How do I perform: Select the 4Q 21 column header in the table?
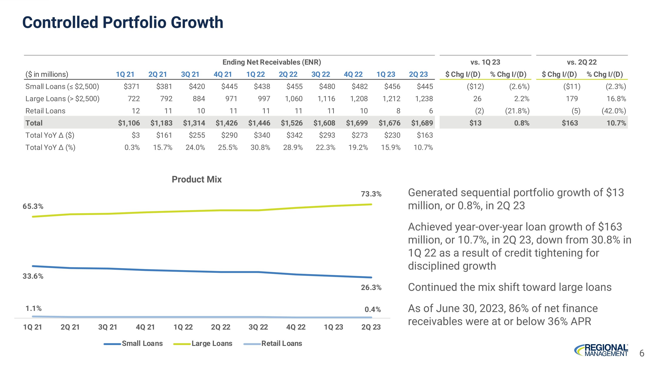tap(223, 74)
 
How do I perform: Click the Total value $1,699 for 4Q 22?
tap(357, 123)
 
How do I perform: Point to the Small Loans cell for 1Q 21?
tap(132, 87)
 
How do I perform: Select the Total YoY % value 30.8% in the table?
tap(260, 147)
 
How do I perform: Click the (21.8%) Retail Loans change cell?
tap(517, 111)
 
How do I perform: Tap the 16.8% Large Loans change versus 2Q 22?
tap(616, 99)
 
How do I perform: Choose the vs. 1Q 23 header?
tap(485, 62)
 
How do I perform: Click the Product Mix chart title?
tap(197, 179)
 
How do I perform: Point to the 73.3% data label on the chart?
tap(371, 194)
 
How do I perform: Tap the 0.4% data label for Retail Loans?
tap(373, 309)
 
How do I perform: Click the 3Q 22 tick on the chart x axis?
tap(258, 327)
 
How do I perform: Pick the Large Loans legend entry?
tap(212, 344)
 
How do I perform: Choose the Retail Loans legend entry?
tap(281, 344)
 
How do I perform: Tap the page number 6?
tap(642, 353)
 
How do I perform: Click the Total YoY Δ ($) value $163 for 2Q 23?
tap(425, 135)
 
